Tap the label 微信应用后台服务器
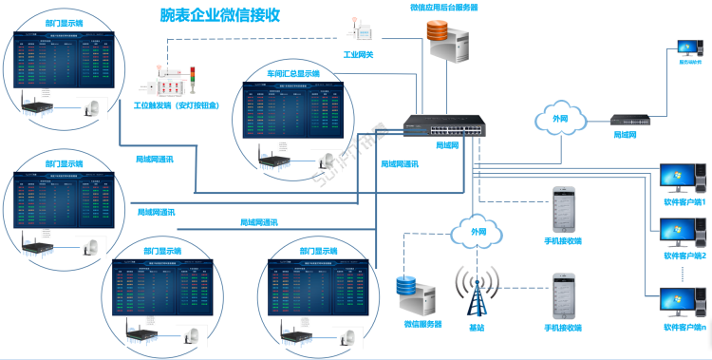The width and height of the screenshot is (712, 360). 443,7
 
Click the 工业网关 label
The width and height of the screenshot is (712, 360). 358,55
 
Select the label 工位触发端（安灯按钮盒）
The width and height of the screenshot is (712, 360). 176,104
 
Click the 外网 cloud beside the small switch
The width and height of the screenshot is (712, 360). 561,119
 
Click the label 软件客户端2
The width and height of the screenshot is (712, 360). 685,256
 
